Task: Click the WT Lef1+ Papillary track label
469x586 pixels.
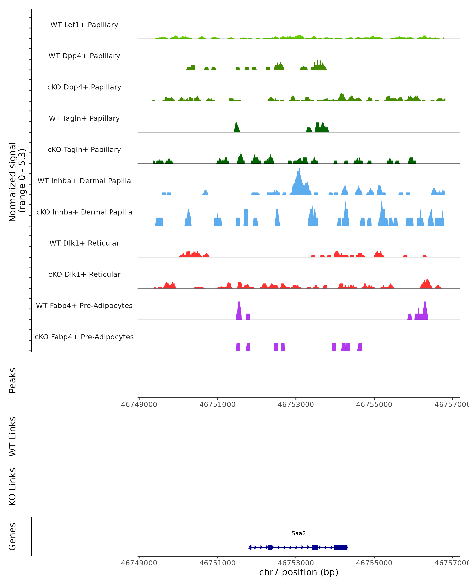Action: pyautogui.click(x=84, y=25)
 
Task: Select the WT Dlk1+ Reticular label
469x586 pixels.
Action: pyautogui.click(x=84, y=243)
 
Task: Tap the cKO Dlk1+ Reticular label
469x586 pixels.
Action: pyautogui.click(x=84, y=274)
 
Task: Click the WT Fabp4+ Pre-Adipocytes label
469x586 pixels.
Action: pyautogui.click(x=84, y=306)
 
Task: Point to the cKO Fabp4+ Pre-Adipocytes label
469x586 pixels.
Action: pyautogui.click(x=84, y=337)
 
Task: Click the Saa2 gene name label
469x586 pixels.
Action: pyautogui.click(x=299, y=533)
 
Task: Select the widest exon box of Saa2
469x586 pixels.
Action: pyautogui.click(x=340, y=547)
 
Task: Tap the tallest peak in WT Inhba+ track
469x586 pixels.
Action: pyautogui.click(x=299, y=171)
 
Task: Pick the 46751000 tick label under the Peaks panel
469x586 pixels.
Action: pyautogui.click(x=217, y=405)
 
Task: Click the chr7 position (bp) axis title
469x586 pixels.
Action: pyautogui.click(x=299, y=572)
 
